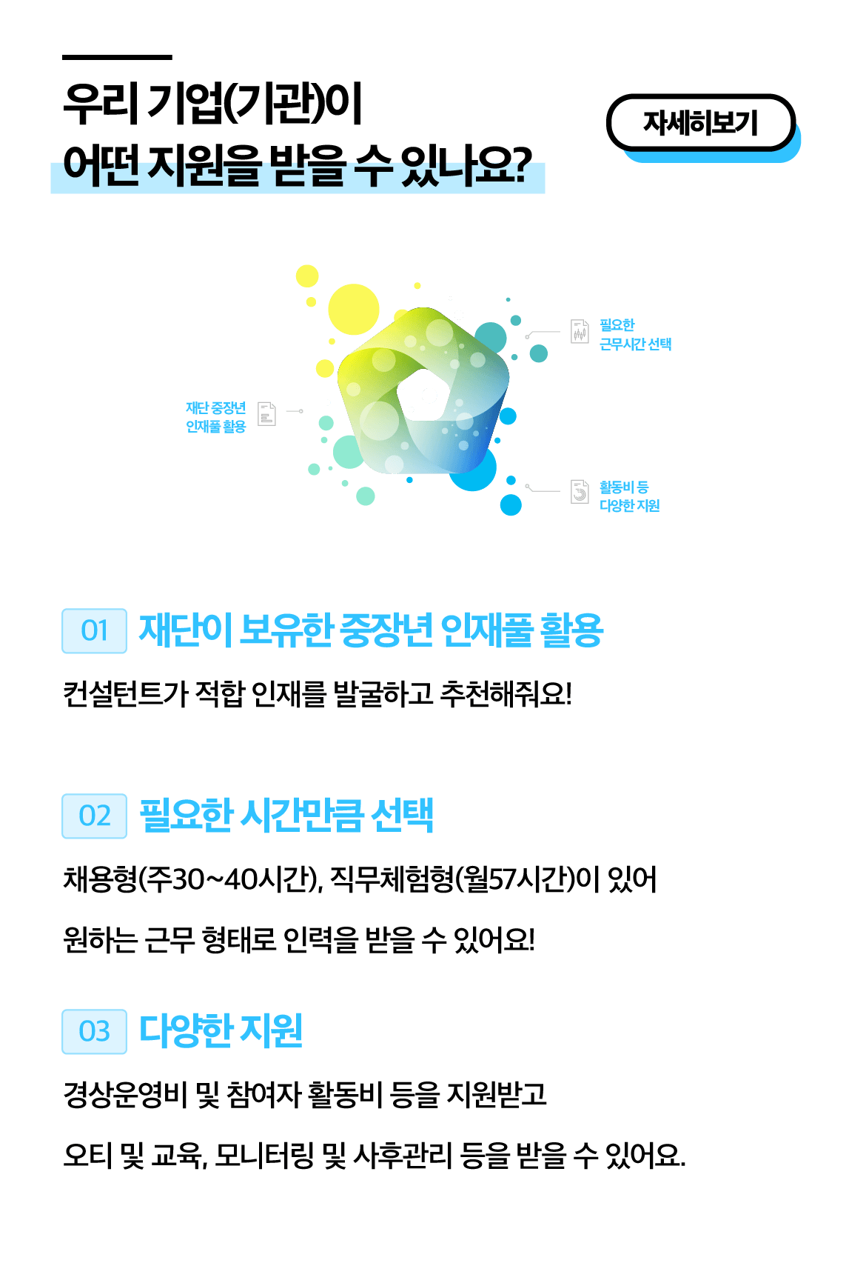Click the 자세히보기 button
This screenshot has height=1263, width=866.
point(700,122)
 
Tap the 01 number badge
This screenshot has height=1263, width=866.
point(94,631)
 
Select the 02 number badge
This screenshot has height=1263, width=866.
point(94,816)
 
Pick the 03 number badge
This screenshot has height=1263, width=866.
point(94,1031)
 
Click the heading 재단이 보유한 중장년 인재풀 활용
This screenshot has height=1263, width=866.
point(371,631)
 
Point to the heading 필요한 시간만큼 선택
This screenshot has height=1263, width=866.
point(286,816)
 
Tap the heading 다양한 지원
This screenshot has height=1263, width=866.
point(221,1030)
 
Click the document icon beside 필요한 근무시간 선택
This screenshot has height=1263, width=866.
point(580,331)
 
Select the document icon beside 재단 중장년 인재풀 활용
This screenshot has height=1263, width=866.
point(266,413)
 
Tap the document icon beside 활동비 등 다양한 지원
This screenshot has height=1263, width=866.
point(580,491)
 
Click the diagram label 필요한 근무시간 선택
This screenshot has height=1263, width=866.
point(635,335)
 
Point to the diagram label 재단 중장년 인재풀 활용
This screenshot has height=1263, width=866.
point(215,417)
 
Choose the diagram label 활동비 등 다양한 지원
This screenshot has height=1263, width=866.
point(629,496)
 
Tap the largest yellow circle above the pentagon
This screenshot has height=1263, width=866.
point(353,309)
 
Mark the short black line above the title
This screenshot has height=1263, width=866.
point(117,57)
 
